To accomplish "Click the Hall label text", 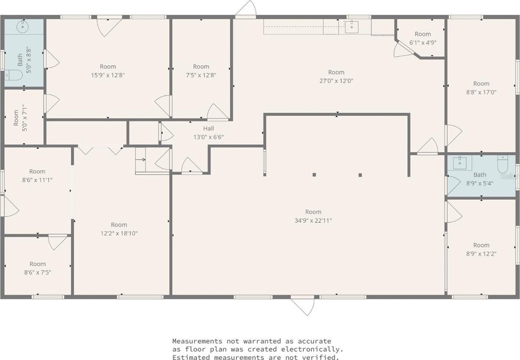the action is pyautogui.click(x=209, y=128).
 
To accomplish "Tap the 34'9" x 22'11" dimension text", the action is pyautogui.click(x=313, y=220).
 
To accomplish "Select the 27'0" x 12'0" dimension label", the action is pyautogui.click(x=336, y=81).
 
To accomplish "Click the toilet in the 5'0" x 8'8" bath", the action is pyautogui.click(x=13, y=75).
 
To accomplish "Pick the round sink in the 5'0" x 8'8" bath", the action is pyautogui.click(x=23, y=26).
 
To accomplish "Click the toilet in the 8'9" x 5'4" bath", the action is pyautogui.click(x=503, y=164).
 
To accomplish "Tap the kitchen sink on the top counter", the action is pyautogui.click(x=351, y=27).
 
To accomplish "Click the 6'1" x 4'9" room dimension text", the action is pyautogui.click(x=423, y=43).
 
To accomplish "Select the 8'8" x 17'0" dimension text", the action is pyautogui.click(x=481, y=92).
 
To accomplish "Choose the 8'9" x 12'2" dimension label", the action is pyautogui.click(x=481, y=253).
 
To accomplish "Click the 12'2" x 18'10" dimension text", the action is pyautogui.click(x=119, y=233).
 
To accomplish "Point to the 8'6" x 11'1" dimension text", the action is pyautogui.click(x=37, y=180).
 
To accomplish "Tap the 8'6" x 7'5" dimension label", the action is pyautogui.click(x=38, y=273).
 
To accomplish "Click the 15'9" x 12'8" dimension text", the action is pyautogui.click(x=108, y=75).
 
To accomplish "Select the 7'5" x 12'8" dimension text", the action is pyautogui.click(x=201, y=75).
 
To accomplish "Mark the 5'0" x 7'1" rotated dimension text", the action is pyautogui.click(x=24, y=118).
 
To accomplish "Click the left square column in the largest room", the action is pyautogui.click(x=314, y=175).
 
